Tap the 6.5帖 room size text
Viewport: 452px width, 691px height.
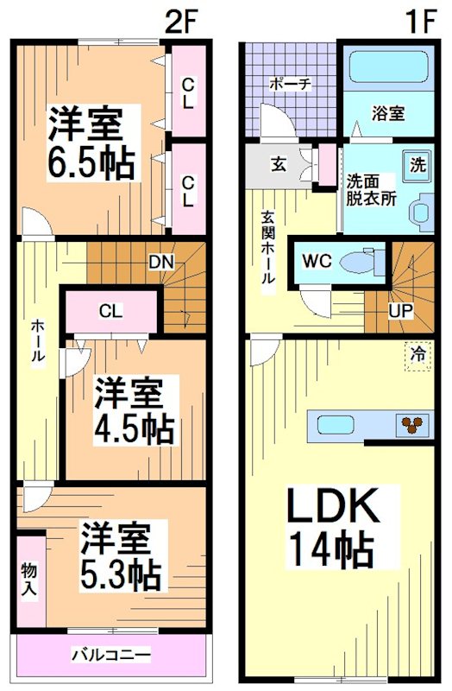pos(91,162)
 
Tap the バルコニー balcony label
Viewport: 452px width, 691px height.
pos(113,654)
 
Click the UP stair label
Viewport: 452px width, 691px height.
pos(400,309)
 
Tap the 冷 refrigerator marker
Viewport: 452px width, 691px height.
pos(417,354)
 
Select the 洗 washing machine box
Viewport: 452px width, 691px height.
pos(417,164)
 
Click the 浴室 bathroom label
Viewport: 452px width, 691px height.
pos(388,113)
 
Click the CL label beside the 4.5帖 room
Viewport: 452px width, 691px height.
pos(109,312)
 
